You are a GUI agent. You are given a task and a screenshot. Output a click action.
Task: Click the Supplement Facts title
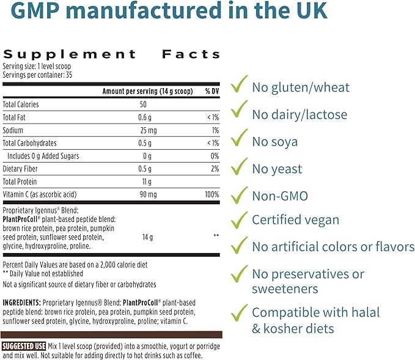coord(112,54)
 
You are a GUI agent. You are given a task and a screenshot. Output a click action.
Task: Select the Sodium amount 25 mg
coord(149,130)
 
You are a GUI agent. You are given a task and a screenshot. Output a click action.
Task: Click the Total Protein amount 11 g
coord(149,182)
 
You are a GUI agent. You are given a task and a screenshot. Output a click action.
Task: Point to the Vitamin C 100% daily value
coord(212,195)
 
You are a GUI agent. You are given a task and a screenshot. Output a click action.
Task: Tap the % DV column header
coord(211,91)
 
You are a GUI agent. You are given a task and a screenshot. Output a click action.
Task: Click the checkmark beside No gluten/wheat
coord(238,85)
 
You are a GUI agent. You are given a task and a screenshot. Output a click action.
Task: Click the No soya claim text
coord(275,142)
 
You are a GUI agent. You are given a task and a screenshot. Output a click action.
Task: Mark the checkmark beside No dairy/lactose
coord(238,112)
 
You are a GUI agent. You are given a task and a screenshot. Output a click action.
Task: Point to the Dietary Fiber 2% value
coord(214,169)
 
